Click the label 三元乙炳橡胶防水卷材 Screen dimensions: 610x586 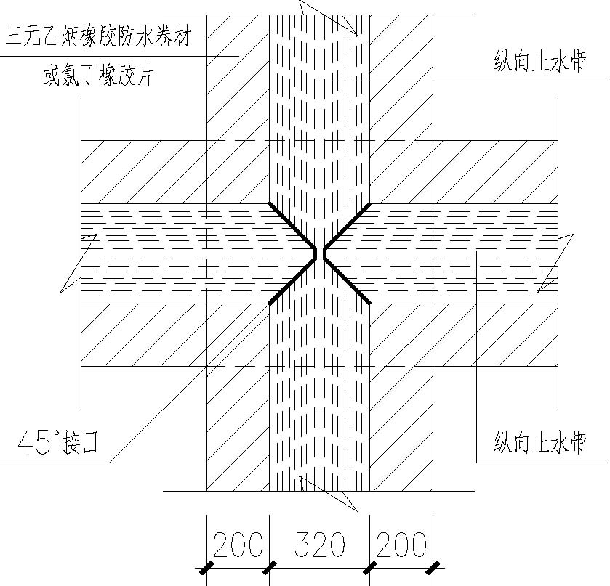(98, 37)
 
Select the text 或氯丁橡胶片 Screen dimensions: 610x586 (98, 75)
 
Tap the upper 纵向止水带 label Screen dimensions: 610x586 (540, 62)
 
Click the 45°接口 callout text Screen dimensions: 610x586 (57, 442)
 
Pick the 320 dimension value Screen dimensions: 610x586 (319, 545)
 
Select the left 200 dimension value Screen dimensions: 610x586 (238, 545)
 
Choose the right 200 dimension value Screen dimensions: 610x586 (401, 545)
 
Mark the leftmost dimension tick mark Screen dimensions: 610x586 (206, 568)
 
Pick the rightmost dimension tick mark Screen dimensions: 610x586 (433, 568)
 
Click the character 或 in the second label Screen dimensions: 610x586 (52, 75)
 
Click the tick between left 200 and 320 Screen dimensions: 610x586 (269, 568)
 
